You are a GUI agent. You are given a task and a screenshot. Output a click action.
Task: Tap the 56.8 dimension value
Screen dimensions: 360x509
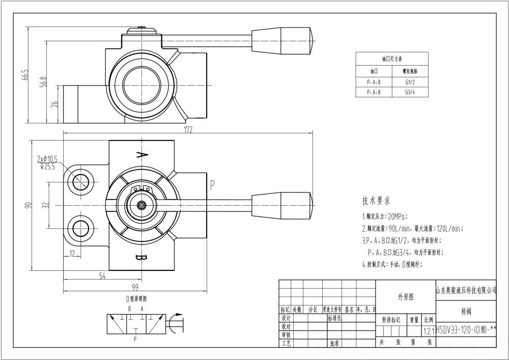44,82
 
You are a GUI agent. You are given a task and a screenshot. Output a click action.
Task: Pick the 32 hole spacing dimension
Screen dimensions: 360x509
45,205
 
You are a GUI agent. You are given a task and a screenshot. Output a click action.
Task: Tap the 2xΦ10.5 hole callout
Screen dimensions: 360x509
47,158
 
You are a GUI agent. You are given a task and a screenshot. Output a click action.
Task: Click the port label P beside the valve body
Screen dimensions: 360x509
212,183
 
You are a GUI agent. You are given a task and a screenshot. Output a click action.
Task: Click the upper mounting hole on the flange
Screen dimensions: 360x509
80,181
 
